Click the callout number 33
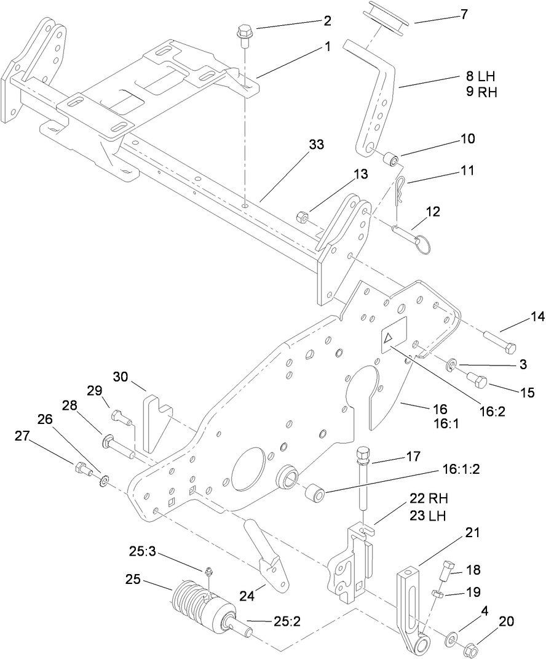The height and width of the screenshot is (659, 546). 316,145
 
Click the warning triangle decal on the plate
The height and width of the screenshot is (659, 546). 390,338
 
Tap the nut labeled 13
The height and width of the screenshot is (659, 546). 302,217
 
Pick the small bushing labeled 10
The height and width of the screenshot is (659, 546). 390,161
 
